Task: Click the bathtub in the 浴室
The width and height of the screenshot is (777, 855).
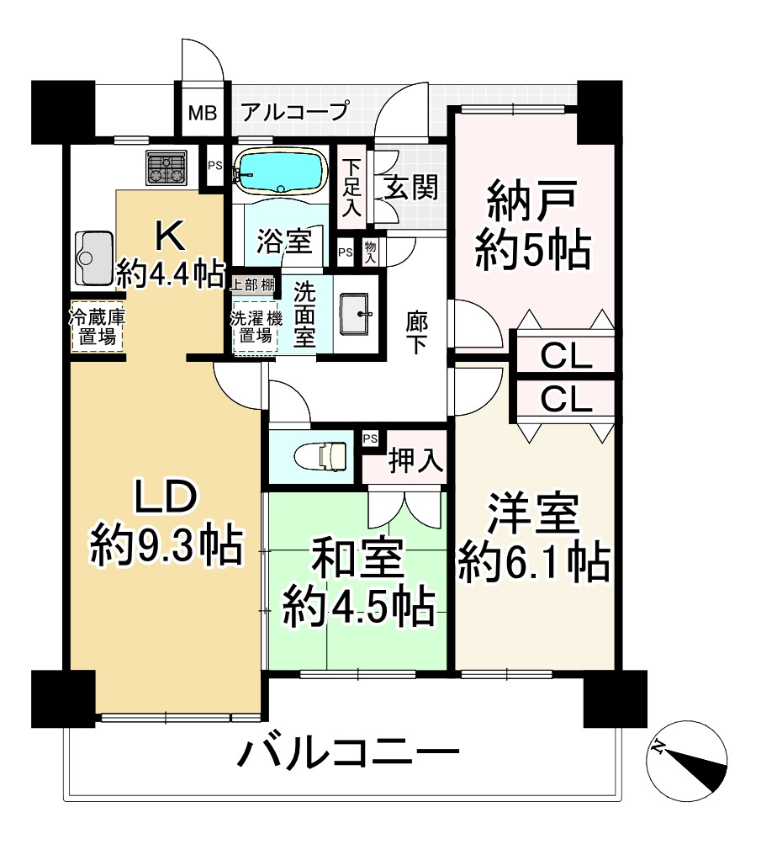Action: click(x=281, y=171)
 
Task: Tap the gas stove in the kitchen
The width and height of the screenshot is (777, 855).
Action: click(x=166, y=167)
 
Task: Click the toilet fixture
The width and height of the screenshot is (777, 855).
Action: click(x=323, y=455)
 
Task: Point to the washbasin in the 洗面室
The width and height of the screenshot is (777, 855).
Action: click(x=357, y=314)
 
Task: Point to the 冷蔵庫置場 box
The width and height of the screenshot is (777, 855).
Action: click(x=97, y=327)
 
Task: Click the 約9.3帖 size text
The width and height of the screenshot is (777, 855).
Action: click(x=166, y=546)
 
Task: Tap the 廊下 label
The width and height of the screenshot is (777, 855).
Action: click(x=416, y=333)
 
